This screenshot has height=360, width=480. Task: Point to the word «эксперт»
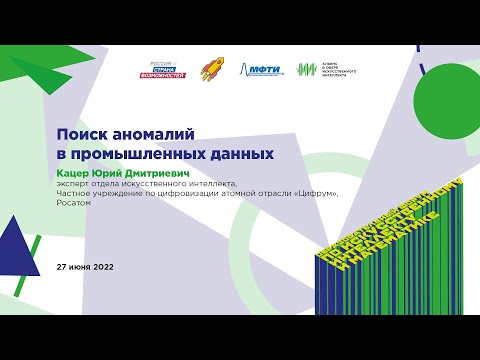coord(76,183)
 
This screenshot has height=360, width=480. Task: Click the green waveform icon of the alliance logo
coord(307,69)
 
